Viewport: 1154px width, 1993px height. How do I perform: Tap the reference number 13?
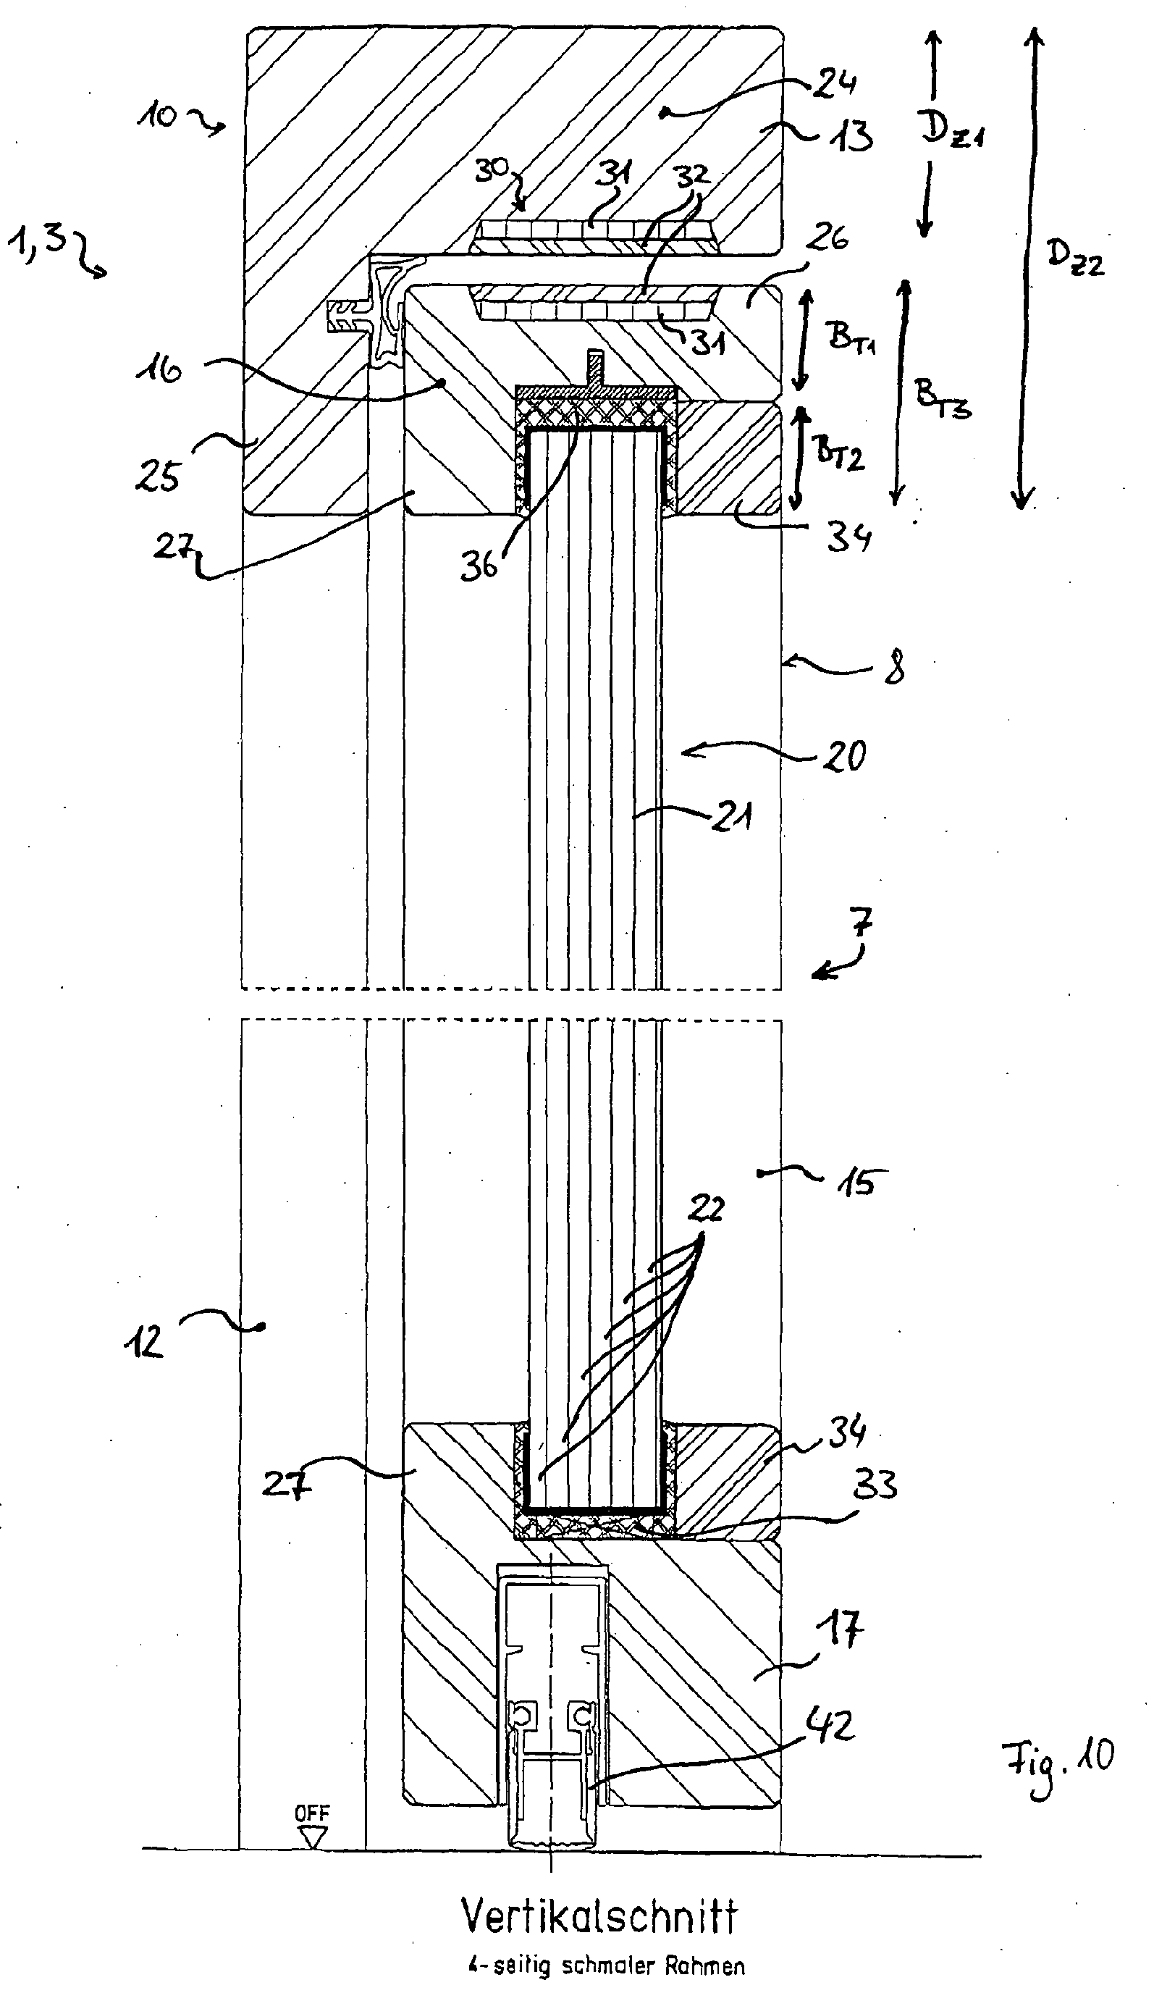click(x=851, y=136)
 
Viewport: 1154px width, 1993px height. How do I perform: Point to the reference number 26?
click(x=827, y=238)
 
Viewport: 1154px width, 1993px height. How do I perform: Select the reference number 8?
click(x=893, y=667)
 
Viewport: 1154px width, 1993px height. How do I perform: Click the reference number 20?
click(x=845, y=755)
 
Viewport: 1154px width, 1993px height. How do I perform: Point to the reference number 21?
click(x=731, y=815)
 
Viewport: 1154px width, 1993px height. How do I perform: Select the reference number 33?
click(x=875, y=1484)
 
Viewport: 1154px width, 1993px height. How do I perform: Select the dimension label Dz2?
click(x=1075, y=257)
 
